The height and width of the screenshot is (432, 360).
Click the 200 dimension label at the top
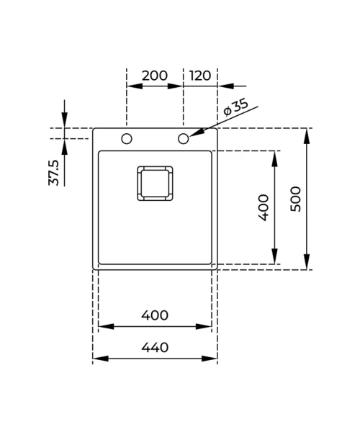pyautogui.click(x=155, y=76)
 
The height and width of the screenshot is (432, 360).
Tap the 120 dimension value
pyautogui.click(x=200, y=76)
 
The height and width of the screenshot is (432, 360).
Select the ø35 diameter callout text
pyautogui.click(x=235, y=108)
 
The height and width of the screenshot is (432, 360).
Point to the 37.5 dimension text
pyautogui.click(x=54, y=173)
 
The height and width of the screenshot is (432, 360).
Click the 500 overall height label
pyautogui.click(x=296, y=199)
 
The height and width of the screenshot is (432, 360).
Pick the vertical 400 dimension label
pyautogui.click(x=264, y=207)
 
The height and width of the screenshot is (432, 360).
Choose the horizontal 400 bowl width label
pyautogui.click(x=155, y=315)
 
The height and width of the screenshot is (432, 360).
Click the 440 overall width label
pyautogui.click(x=155, y=348)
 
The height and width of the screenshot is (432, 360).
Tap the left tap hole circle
pyautogui.click(x=127, y=138)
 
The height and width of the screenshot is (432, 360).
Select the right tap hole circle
pyautogui.click(x=184, y=138)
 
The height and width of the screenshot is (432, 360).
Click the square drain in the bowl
pyautogui.click(x=155, y=183)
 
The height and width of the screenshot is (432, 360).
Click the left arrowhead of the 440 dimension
pyautogui.click(x=101, y=359)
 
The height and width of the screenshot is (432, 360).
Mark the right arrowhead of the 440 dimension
pyautogui.click(x=210, y=359)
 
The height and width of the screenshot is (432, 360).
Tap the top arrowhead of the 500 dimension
pyautogui.click(x=307, y=136)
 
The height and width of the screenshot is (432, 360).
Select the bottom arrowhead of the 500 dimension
pyautogui.click(x=307, y=262)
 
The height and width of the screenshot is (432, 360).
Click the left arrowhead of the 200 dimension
pyautogui.click(x=135, y=86)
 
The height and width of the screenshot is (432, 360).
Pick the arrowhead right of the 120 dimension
pyautogui.click(x=225, y=86)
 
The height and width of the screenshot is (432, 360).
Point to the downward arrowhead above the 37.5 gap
pyautogui.click(x=65, y=120)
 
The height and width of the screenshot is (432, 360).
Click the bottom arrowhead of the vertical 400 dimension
pyautogui.click(x=274, y=256)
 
